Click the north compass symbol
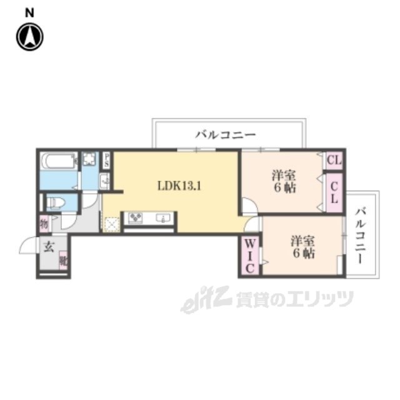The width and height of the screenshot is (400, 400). pos(29,36)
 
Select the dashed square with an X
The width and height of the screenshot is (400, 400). pos(112,224)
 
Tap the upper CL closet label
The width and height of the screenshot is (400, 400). pos(334,161)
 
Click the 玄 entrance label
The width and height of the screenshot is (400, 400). pos(48,246)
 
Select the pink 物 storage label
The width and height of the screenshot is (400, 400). pos(44,222)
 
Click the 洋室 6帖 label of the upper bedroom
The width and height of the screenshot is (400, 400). pos(284,181)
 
